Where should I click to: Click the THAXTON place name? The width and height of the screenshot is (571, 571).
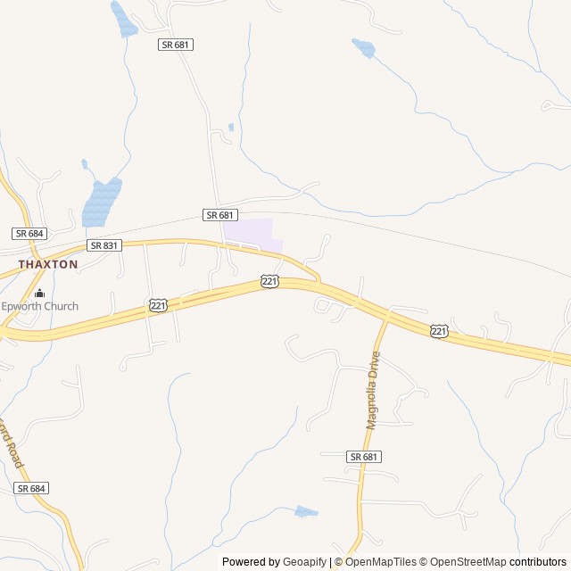pos(48,264)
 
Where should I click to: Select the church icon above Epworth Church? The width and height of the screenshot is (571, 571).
pos(39,293)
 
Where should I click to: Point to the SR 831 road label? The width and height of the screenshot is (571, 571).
pos(104,245)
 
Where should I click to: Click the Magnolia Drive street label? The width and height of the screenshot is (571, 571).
pos(373,390)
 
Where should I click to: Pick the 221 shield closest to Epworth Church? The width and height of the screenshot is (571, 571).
pos(158,306)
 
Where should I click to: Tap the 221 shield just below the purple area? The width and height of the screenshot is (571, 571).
pos(270,281)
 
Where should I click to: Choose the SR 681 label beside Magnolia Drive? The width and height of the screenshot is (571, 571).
pos(364,456)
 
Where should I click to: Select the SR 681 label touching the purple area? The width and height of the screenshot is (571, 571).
pos(220,215)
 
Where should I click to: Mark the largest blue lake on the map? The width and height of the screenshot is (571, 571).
pos(102,203)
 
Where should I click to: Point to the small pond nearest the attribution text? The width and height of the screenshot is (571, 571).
pos(305,512)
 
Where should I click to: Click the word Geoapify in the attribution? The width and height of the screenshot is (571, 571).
pos(306,562)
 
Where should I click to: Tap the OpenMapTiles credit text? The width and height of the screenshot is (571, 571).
pos(382,562)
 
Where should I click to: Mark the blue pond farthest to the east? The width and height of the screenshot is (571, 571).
pos(363,46)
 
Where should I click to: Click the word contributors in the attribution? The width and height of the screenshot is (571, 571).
pos(539,562)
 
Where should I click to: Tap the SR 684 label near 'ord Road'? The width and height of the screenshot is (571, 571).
pos(31,488)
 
